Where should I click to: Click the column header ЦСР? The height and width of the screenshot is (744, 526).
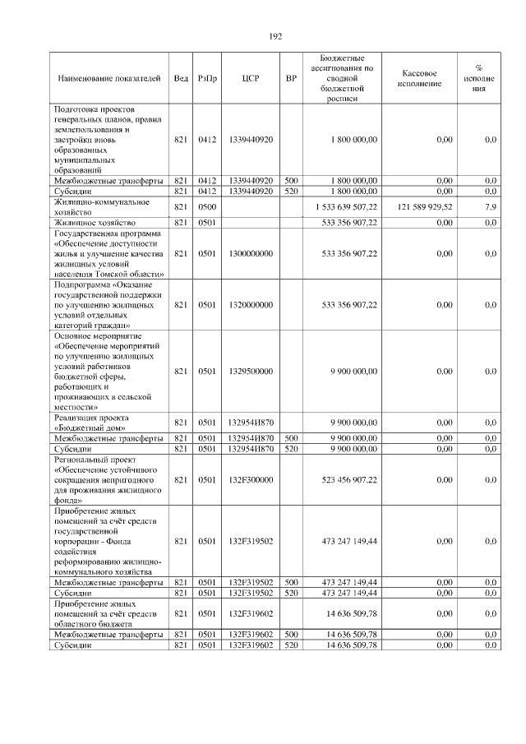(x=251, y=78)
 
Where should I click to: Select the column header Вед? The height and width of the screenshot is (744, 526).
(x=181, y=78)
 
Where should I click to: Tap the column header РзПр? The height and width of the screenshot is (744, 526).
(x=206, y=78)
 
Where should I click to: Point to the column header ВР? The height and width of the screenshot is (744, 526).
(x=290, y=78)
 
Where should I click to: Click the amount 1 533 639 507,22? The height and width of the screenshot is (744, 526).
(x=345, y=206)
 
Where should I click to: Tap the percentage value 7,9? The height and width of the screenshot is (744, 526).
(x=490, y=206)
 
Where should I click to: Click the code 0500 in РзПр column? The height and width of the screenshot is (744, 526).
(x=206, y=206)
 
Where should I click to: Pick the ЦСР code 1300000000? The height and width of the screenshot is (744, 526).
(x=251, y=254)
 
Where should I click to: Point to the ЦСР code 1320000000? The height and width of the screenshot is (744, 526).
(x=251, y=305)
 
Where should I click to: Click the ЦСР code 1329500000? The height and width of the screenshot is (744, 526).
(x=251, y=371)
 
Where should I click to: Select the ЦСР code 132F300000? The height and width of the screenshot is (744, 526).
(x=251, y=479)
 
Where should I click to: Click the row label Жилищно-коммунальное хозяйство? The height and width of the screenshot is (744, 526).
(x=100, y=206)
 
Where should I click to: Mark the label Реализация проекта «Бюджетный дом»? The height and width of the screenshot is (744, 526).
(x=94, y=423)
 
